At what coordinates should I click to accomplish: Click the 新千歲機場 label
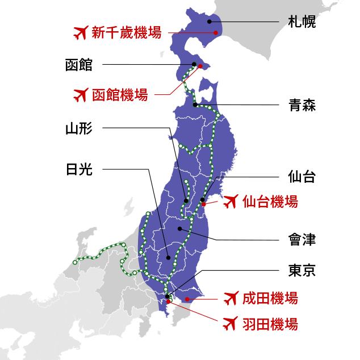point(127,33)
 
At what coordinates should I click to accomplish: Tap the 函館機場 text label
point(120,95)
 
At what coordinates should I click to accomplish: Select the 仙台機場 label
point(270,202)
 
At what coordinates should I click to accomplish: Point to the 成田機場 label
point(270,298)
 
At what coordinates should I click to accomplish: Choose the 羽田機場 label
point(270,324)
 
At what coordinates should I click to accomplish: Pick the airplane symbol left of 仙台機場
point(230,202)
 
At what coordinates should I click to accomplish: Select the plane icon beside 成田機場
point(230,298)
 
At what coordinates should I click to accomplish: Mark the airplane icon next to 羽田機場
point(230,324)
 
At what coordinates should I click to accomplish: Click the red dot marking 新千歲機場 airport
point(216,33)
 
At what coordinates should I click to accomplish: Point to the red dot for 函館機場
point(200,66)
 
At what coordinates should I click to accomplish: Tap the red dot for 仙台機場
point(204,204)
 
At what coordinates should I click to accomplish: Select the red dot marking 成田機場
point(187,299)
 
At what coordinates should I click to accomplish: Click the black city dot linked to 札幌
point(209,22)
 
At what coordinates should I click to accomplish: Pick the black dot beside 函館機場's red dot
point(194,64)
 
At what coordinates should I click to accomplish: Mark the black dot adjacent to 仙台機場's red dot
point(202,199)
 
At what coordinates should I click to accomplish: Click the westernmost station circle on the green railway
point(75,262)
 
